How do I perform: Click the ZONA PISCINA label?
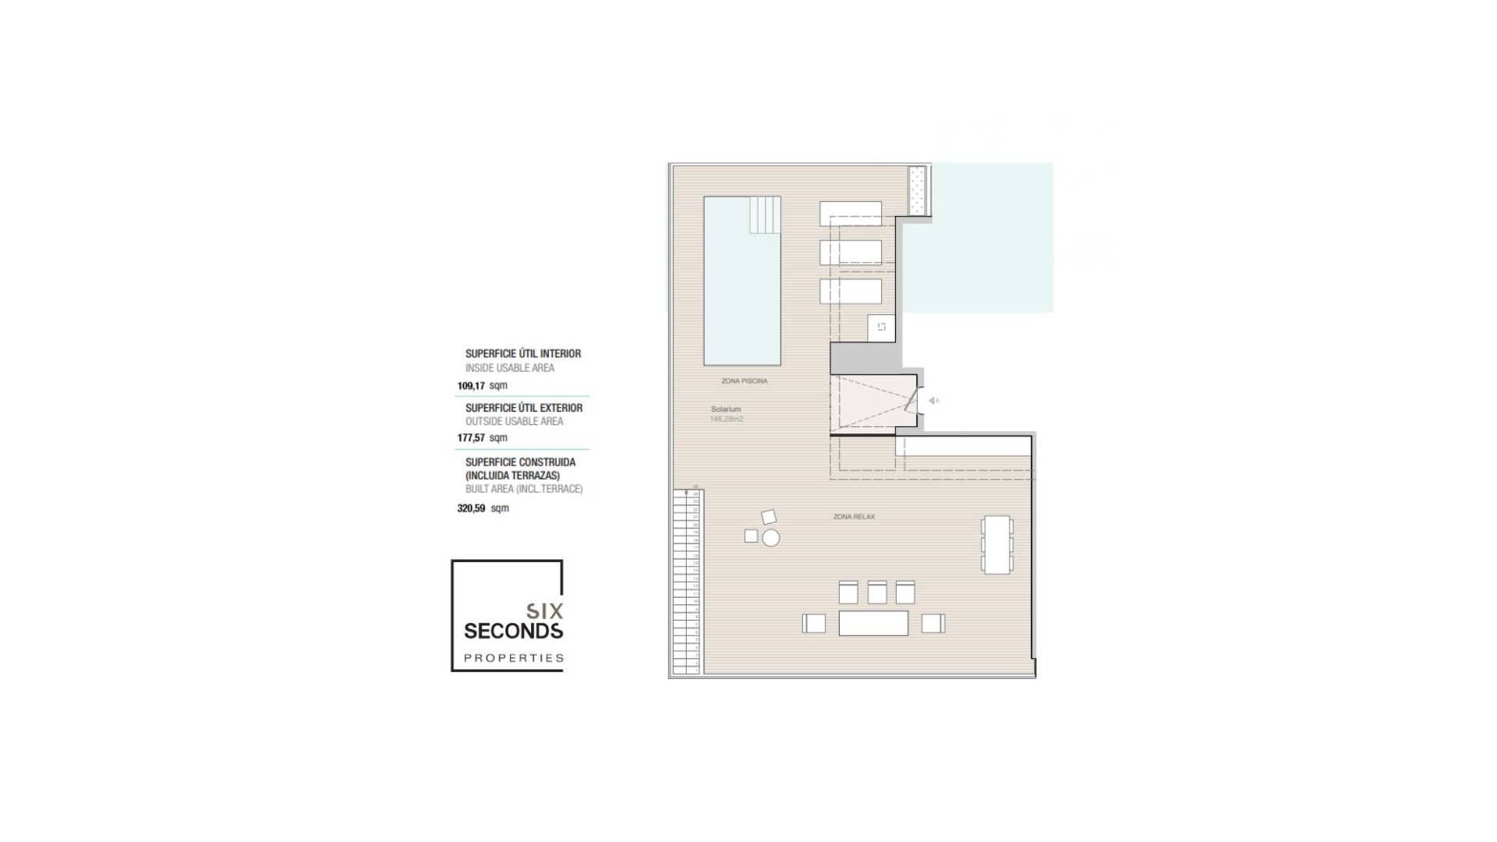(x=744, y=381)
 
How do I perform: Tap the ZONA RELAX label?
(x=854, y=517)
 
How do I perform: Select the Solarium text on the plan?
(x=725, y=409)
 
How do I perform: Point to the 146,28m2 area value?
(x=726, y=419)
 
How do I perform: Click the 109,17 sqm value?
(x=482, y=386)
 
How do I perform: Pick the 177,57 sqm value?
(x=482, y=438)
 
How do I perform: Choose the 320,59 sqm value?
(x=482, y=508)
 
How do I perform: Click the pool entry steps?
(x=765, y=214)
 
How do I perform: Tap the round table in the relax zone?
(x=771, y=538)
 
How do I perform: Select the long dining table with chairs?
(x=997, y=544)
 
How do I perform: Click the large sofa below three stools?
(x=873, y=623)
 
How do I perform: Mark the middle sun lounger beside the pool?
(x=850, y=253)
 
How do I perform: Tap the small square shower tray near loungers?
(x=881, y=327)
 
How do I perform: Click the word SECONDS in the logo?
(x=513, y=630)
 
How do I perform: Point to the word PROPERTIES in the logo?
(x=513, y=658)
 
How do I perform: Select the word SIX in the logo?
(x=543, y=610)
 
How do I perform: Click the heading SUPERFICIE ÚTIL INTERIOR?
(x=522, y=354)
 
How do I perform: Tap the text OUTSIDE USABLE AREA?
(x=514, y=422)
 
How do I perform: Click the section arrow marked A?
(x=933, y=401)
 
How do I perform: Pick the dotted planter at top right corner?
(x=918, y=191)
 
